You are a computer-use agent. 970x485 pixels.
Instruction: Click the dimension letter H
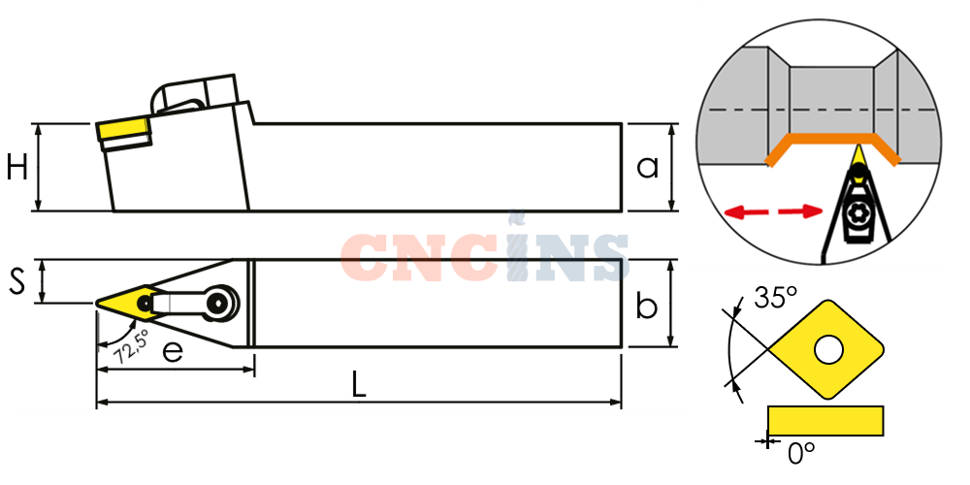[17, 167]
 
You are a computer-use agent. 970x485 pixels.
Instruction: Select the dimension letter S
[17, 282]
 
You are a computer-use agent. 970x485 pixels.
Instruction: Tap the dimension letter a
[648, 167]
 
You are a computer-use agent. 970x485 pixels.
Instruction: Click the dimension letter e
[173, 352]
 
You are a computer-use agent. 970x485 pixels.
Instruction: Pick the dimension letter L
[359, 386]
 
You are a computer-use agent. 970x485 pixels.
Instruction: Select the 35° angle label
[775, 298]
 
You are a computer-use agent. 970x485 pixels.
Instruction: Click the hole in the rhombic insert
[828, 350]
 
